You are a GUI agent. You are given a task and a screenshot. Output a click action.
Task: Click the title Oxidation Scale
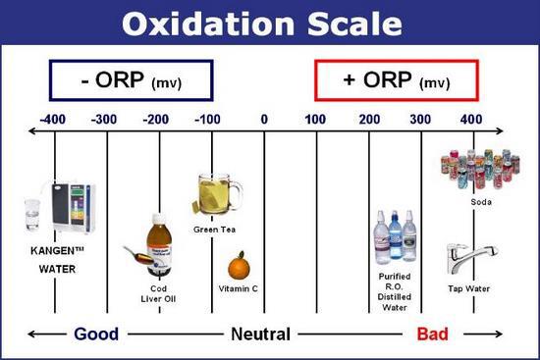tap(270, 22)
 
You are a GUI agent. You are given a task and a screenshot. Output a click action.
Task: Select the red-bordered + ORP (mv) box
tap(396, 79)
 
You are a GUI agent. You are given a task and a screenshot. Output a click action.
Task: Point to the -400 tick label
tap(55, 120)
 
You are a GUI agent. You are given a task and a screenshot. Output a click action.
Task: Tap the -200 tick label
tap(158, 120)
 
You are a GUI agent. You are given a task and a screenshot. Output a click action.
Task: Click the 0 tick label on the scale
tap(263, 120)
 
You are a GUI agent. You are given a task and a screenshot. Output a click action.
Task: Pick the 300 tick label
tap(421, 120)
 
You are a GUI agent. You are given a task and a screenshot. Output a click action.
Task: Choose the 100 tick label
tap(316, 120)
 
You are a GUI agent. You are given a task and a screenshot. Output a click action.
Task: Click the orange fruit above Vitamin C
tap(238, 266)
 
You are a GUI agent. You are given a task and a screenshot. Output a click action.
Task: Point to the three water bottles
tap(395, 237)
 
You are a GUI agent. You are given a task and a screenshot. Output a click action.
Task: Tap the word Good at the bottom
tap(96, 334)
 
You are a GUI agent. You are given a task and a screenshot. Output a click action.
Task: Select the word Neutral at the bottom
tap(260, 334)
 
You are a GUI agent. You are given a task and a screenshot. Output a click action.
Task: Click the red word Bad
tap(432, 334)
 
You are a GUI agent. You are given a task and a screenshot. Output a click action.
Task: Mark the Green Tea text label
tap(215, 230)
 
